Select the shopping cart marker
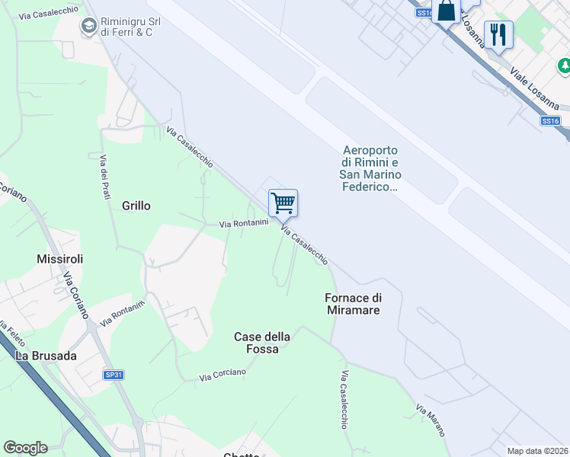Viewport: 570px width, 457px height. coord(283,203)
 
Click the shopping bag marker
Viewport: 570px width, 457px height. coord(446,11)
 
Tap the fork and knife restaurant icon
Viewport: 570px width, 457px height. coord(498,34)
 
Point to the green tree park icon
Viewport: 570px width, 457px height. coord(565,68)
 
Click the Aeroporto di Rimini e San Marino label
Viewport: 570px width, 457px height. coord(370,168)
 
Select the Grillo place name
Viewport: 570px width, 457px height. coord(136,206)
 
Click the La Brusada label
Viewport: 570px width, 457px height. coord(46,356)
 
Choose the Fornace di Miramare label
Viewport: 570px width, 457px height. coord(352,304)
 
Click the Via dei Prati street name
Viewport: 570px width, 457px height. coord(105,177)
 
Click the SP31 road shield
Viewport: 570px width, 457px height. coord(114,375)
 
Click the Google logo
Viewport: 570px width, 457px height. coord(25,448)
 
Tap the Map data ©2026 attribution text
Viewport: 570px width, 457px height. coord(537,451)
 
